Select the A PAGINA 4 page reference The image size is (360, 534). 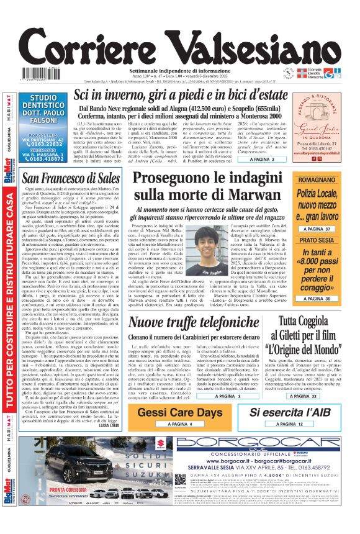[179, 424]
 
